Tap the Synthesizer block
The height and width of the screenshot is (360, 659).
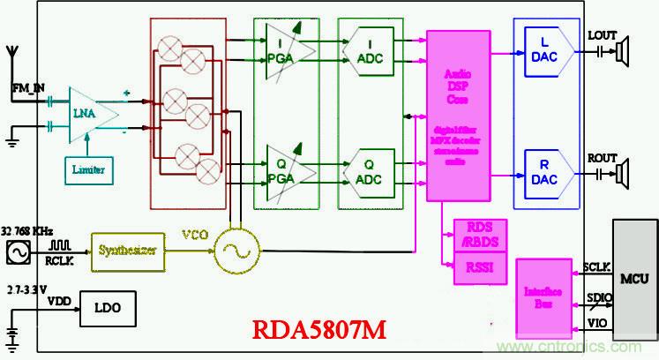129,250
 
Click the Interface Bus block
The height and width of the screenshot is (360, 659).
541,284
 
